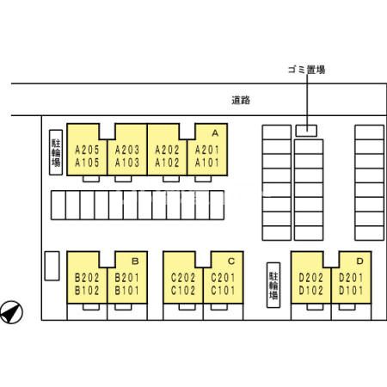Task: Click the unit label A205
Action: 87,150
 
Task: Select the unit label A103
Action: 127,163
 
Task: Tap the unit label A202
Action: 167,150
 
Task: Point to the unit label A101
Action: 207,163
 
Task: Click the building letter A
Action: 215,133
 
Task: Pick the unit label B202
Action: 87,278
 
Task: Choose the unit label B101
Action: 126,291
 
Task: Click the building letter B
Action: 135,261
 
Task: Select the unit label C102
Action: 183,291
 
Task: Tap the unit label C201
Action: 223,278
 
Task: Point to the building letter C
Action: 231,261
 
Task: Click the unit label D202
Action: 310,278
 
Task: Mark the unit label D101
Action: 351,291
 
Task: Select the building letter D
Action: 359,261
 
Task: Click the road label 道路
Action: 241,100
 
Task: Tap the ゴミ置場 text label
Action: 306,70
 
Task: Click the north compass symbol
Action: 11,312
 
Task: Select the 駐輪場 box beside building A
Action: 56,152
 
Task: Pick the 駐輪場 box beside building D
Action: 273,285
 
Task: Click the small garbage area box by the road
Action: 306,131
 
